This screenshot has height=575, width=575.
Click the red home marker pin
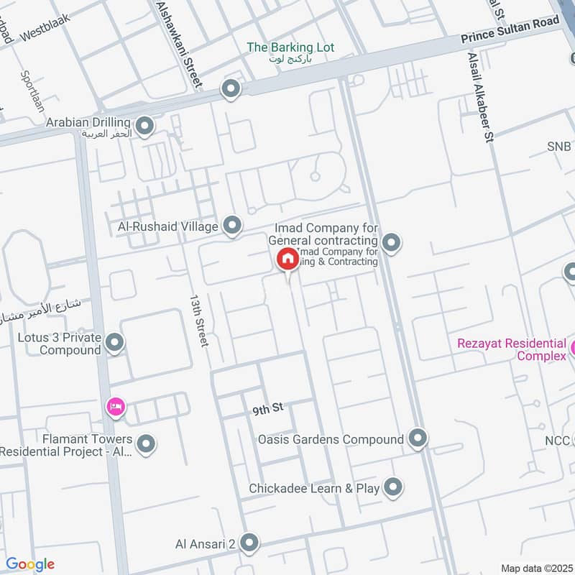pyautogui.click(x=287, y=259)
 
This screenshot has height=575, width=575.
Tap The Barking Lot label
pyautogui.click(x=290, y=47)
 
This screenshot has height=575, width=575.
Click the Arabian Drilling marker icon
pyautogui.click(x=145, y=128)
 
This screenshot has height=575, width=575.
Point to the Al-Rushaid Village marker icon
pyautogui.click(x=231, y=226)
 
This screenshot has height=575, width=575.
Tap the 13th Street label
pyautogui.click(x=198, y=320)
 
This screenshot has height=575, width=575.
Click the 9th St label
pyautogui.click(x=268, y=410)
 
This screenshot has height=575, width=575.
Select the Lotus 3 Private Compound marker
pyautogui.click(x=114, y=344)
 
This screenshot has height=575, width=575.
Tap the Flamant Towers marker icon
pyautogui.click(x=146, y=445)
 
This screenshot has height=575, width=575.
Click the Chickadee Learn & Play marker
pyautogui.click(x=392, y=487)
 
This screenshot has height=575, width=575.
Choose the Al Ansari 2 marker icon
pyautogui.click(x=249, y=543)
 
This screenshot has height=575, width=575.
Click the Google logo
pyautogui.click(x=30, y=564)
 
